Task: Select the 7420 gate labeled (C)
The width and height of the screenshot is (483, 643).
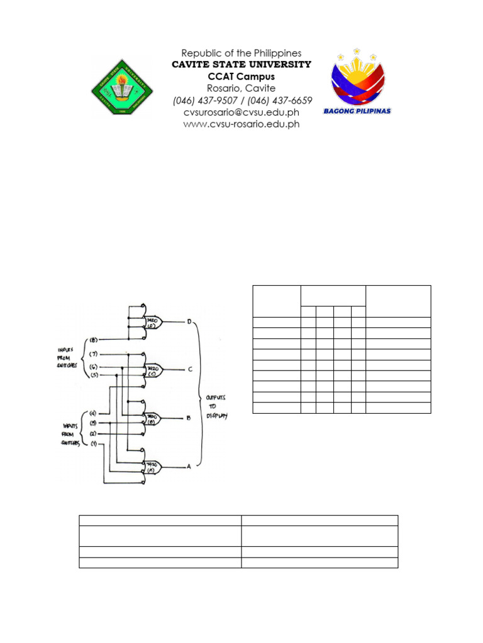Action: (153, 369)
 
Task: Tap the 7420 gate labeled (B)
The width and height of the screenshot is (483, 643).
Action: (153, 418)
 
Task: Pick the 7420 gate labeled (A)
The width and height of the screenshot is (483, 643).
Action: (153, 467)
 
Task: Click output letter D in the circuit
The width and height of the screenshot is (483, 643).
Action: (189, 322)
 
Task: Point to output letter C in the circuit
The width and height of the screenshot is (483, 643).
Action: (189, 369)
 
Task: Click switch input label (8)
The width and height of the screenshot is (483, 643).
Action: (94, 340)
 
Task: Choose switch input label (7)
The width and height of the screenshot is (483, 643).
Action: (94, 354)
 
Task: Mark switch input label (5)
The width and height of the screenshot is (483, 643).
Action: (94, 376)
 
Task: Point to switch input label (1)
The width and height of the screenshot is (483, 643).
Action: (93, 445)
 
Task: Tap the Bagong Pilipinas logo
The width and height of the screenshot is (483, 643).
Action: (357, 82)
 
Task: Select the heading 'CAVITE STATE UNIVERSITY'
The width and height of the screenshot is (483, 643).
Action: (241, 65)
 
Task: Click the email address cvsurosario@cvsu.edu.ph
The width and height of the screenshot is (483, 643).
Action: (241, 112)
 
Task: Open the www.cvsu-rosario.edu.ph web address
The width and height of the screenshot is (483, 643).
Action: (241, 124)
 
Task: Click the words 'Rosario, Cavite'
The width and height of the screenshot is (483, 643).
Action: (241, 89)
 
